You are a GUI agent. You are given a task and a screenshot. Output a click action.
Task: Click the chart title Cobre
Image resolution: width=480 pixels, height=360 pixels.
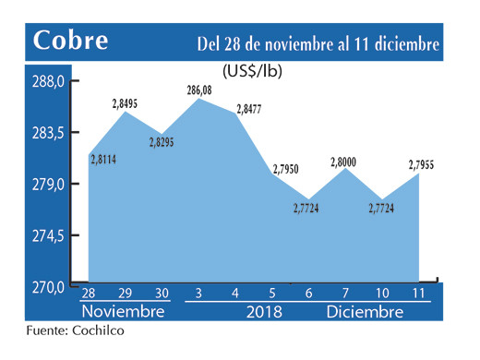click(x=71, y=42)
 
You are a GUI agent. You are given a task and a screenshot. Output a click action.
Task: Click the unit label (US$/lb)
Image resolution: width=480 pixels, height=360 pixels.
click(x=253, y=70)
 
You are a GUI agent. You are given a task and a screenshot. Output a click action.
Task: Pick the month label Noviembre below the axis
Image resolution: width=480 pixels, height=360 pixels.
click(x=123, y=312)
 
